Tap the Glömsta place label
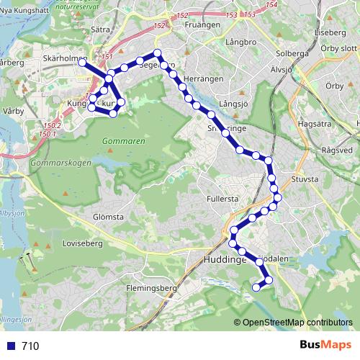pos(109,216)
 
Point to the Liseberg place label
pos(330,32)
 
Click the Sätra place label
pos(101,31)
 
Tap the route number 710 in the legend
pos(30,346)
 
